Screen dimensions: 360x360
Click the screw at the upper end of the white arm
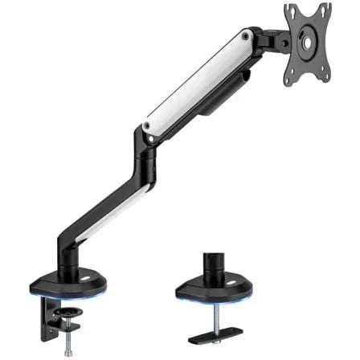243,35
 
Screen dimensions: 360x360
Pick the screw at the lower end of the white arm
145,125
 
